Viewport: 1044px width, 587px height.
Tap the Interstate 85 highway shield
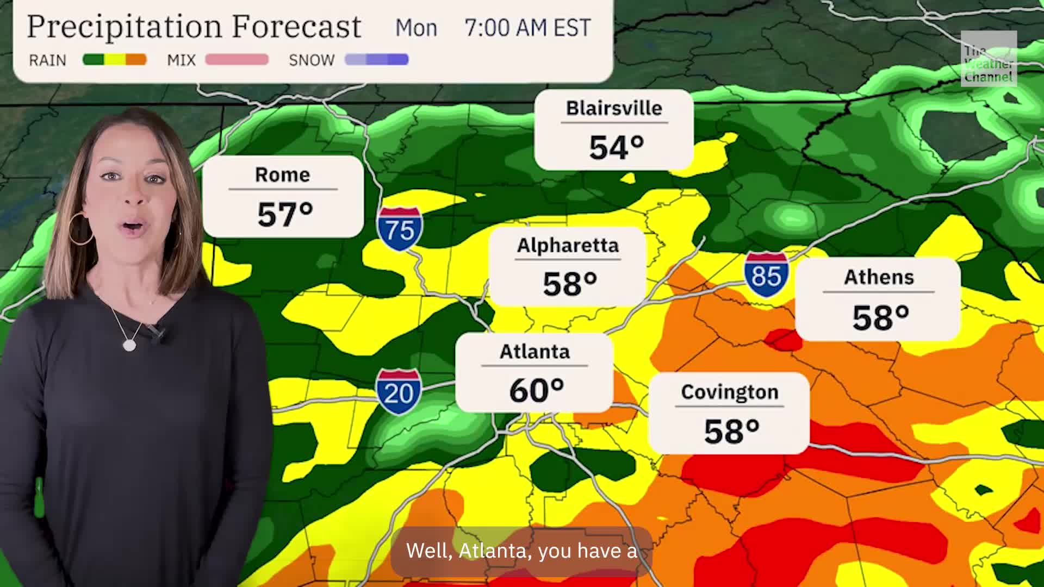click(766, 274)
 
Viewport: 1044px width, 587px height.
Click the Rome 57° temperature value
click(285, 214)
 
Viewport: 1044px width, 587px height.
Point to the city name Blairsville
click(614, 108)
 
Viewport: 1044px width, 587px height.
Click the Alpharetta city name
click(568, 246)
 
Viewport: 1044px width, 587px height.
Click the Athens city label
click(879, 277)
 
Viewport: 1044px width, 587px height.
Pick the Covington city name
click(729, 392)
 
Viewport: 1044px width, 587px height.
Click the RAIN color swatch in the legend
click(114, 60)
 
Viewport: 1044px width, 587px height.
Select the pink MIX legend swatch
click(237, 60)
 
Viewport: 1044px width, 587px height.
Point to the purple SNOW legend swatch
click(376, 60)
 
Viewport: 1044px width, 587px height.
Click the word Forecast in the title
click(296, 27)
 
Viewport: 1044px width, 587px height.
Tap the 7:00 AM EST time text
click(527, 28)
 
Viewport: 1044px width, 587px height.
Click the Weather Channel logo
click(989, 59)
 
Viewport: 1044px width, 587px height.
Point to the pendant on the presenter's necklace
click(129, 345)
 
